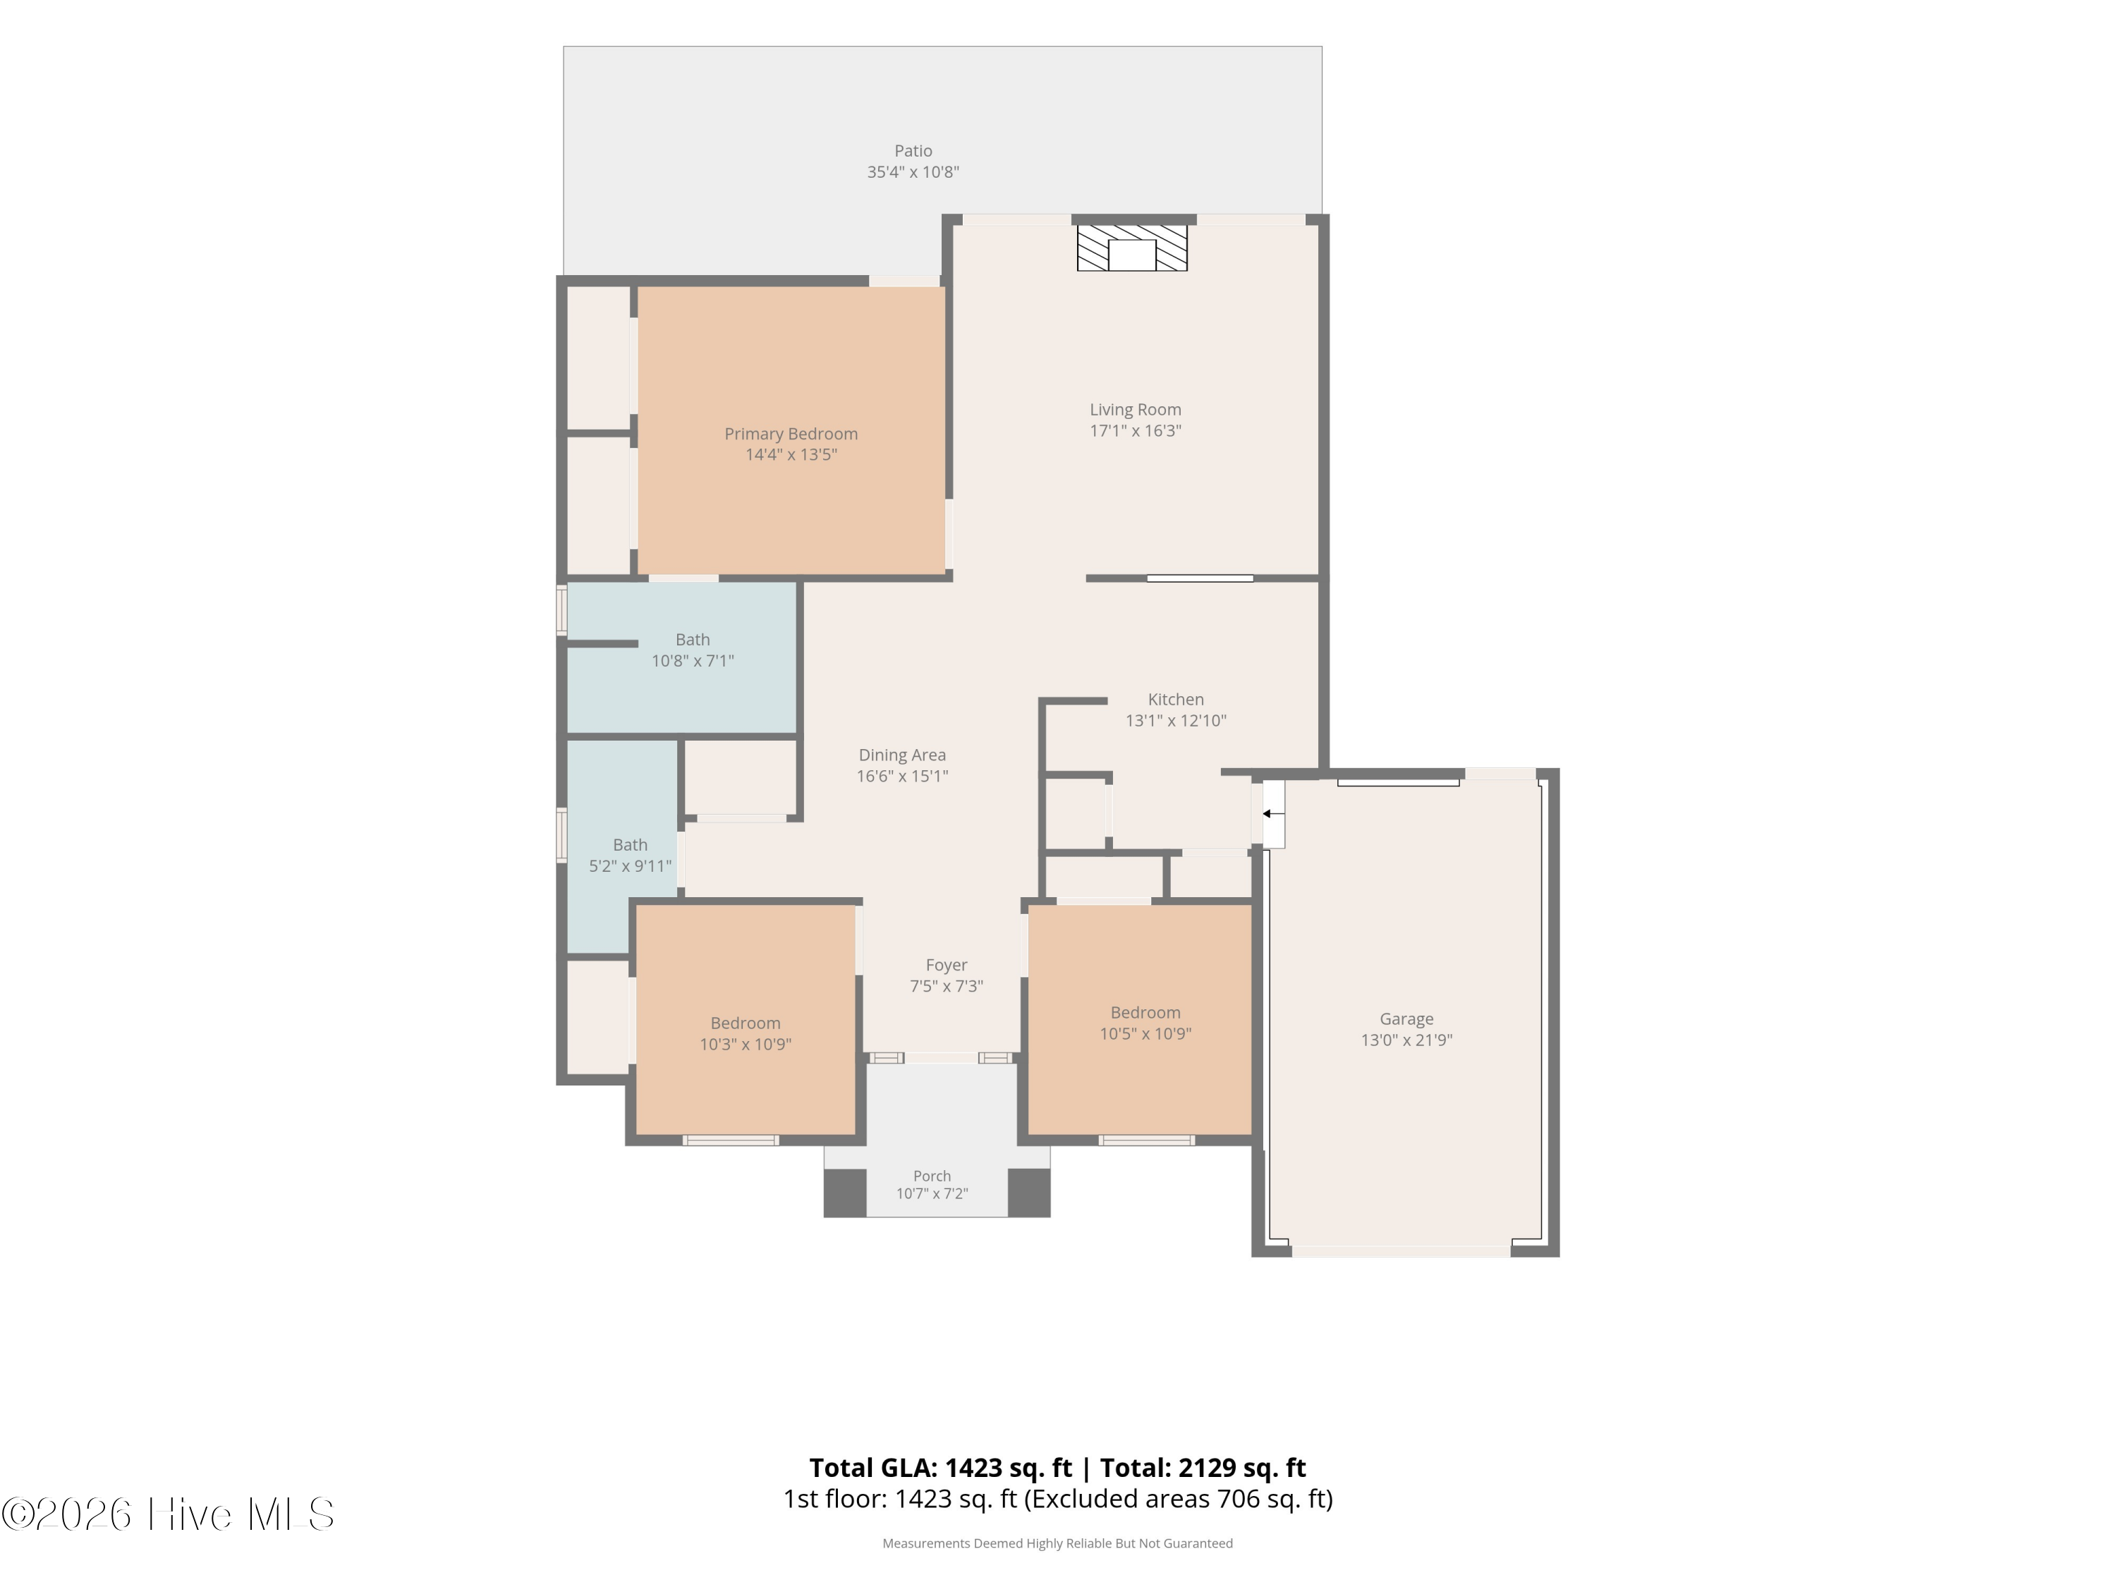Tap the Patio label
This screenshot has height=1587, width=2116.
coord(913,151)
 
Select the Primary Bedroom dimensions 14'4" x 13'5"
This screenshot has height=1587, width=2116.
coord(791,454)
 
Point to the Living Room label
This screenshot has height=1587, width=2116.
coord(1136,409)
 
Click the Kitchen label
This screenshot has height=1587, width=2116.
coord(1176,699)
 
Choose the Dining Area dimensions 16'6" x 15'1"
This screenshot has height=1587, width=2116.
coord(902,776)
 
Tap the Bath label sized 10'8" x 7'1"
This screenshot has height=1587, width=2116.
coord(693,640)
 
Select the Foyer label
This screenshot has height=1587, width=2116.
coord(946,965)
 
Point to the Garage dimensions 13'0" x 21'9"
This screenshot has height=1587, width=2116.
coord(1406,1040)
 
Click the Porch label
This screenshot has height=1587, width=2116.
coord(932,1176)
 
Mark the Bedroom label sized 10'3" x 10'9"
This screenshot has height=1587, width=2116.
coord(746,1023)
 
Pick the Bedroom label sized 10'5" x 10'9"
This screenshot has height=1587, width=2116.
coord(1145,1013)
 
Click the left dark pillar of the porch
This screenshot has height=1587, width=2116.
coord(845,1193)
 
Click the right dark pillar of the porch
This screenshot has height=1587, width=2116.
coord(1029,1193)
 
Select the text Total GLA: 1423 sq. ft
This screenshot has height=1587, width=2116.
coord(942,1467)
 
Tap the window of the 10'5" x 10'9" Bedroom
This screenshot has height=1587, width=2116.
coord(1146,1141)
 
